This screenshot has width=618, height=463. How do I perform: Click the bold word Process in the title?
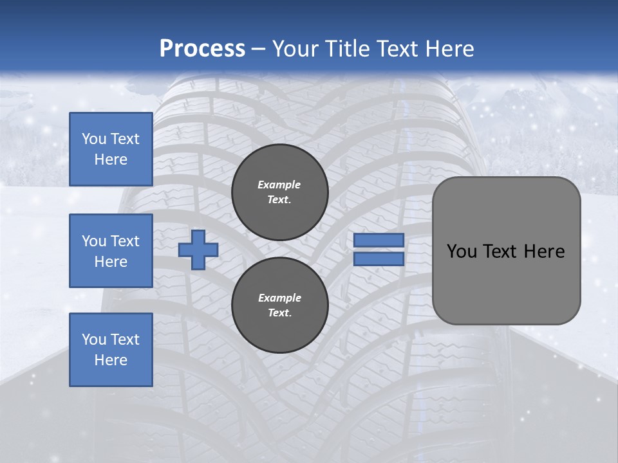[202, 49]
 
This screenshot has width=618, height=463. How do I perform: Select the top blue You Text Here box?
[111, 149]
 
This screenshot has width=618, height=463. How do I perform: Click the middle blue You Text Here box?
[111, 251]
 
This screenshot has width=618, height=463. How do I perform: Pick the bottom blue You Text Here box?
[111, 350]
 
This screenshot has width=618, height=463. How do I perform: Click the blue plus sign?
[198, 250]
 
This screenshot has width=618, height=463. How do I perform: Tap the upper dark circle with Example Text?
[279, 192]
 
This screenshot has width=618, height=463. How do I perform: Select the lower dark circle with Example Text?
[279, 305]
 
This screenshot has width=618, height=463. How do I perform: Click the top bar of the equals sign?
[379, 241]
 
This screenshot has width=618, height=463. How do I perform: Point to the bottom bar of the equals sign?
[379, 259]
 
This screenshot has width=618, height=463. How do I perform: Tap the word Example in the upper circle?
[279, 185]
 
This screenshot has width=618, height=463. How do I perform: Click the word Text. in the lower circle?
[279, 313]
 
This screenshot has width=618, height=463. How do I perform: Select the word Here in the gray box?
[544, 251]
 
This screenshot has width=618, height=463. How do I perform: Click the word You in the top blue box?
[94, 139]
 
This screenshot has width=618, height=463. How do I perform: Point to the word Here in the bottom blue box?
[111, 360]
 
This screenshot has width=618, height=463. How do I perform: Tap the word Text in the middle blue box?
[125, 241]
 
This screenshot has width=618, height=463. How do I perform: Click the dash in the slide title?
[259, 49]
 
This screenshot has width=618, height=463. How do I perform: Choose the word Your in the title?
[296, 49]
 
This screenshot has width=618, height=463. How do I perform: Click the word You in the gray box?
[462, 251]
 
